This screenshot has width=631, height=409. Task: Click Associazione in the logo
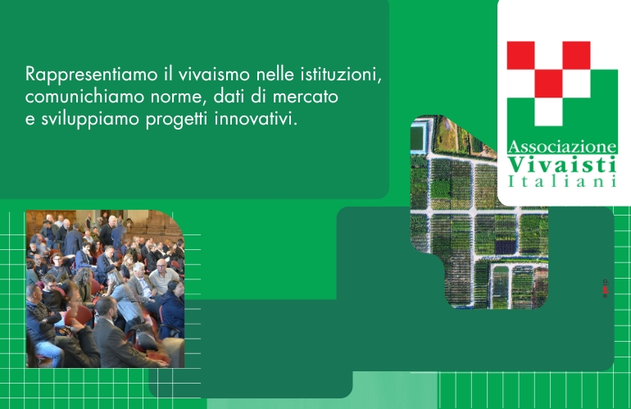tap(562, 147)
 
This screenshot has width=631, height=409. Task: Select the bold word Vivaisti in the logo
tap(562, 164)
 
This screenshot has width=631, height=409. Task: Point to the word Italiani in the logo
tap(562, 181)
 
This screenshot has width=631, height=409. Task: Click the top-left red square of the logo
tap(520, 56)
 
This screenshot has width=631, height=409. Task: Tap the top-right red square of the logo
tap(576, 56)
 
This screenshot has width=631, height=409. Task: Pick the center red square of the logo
tap(548, 84)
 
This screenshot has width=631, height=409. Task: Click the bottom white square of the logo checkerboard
tap(548, 111)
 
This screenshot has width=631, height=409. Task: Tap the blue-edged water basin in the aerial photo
tap(418, 137)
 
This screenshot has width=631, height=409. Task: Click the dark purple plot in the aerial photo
tap(506, 247)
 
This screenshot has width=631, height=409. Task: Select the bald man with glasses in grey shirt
tap(163, 277)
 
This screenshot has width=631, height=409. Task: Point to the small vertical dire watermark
tap(606, 289)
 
